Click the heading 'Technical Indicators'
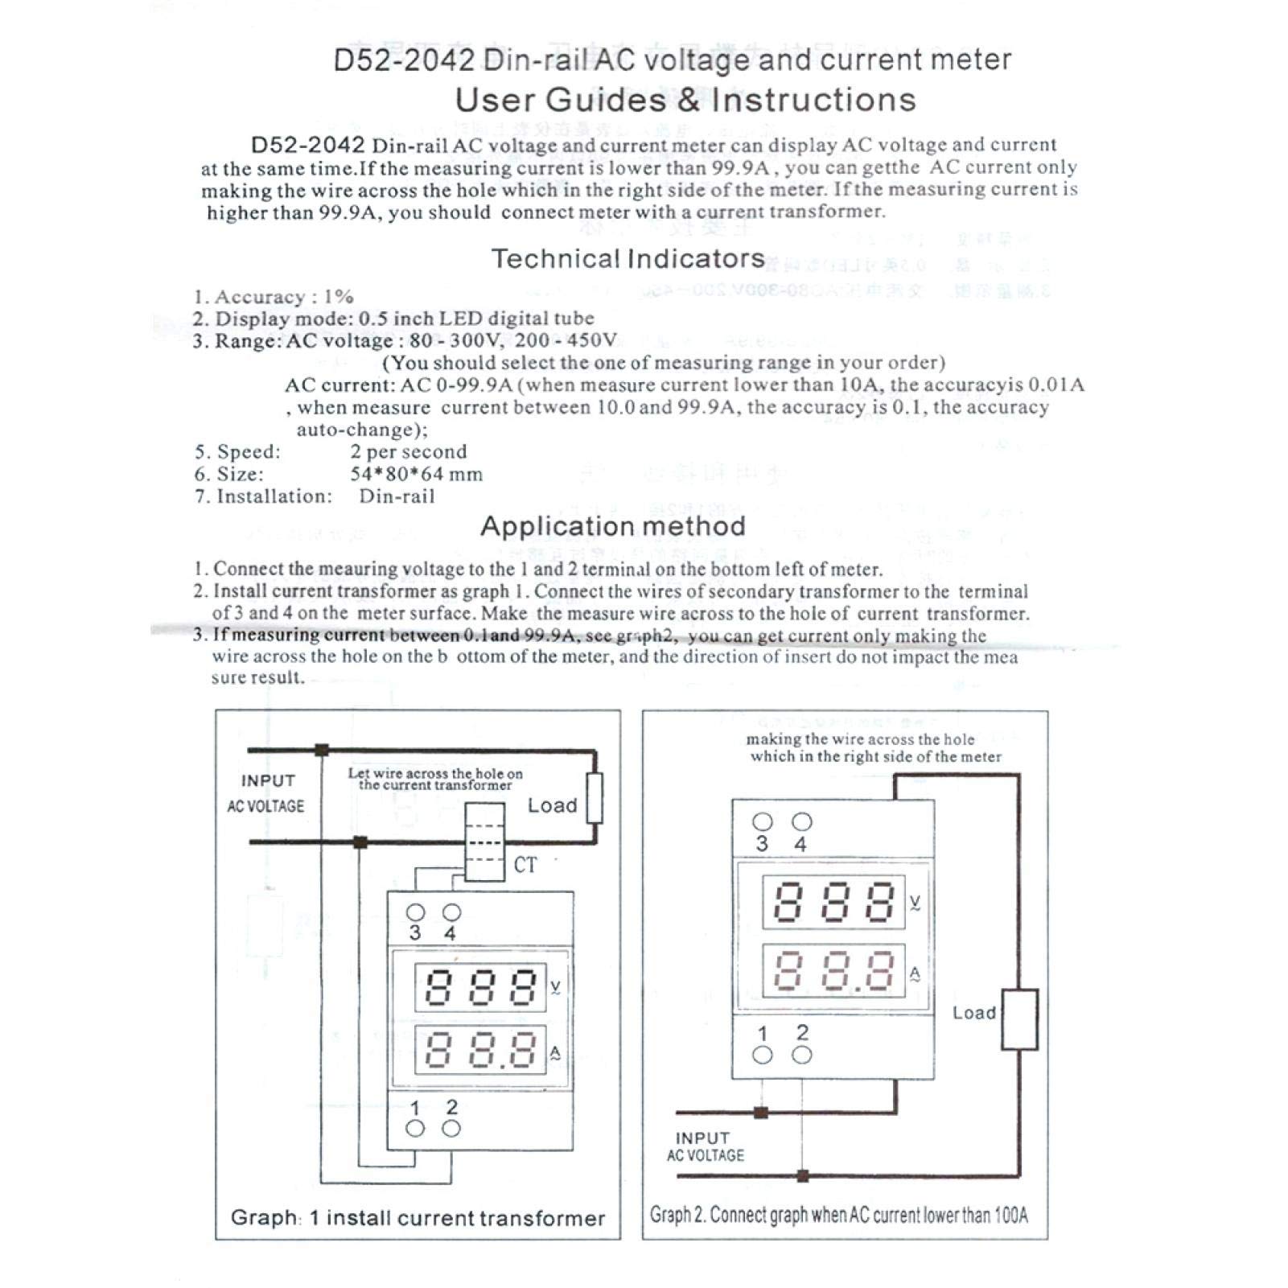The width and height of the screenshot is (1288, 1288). (628, 259)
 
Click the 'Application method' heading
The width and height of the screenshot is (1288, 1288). (613, 526)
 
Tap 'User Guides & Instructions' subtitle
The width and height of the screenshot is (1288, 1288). (685, 101)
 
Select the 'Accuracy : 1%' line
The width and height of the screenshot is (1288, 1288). (274, 297)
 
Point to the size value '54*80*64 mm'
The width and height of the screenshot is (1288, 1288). (416, 474)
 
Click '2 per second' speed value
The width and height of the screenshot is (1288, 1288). (408, 451)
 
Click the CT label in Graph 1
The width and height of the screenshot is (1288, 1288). (525, 865)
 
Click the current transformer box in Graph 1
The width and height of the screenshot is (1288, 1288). (485, 842)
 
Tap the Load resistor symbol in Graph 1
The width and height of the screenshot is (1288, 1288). (595, 797)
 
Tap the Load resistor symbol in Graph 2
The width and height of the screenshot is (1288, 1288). (1018, 1019)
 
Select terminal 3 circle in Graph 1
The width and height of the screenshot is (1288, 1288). (415, 912)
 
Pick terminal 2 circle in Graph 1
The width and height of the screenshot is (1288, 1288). (451, 1129)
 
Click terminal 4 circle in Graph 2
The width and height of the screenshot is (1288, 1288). (801, 821)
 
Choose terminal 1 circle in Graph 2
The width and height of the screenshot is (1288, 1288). (762, 1055)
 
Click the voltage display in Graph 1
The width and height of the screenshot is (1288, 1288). (480, 987)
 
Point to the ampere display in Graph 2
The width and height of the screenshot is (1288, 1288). (833, 970)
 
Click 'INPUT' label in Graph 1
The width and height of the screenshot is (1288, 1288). (268, 780)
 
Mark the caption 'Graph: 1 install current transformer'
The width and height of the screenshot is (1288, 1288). (418, 1218)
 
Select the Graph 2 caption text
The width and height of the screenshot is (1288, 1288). (839, 1215)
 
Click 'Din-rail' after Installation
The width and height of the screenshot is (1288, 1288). (397, 496)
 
